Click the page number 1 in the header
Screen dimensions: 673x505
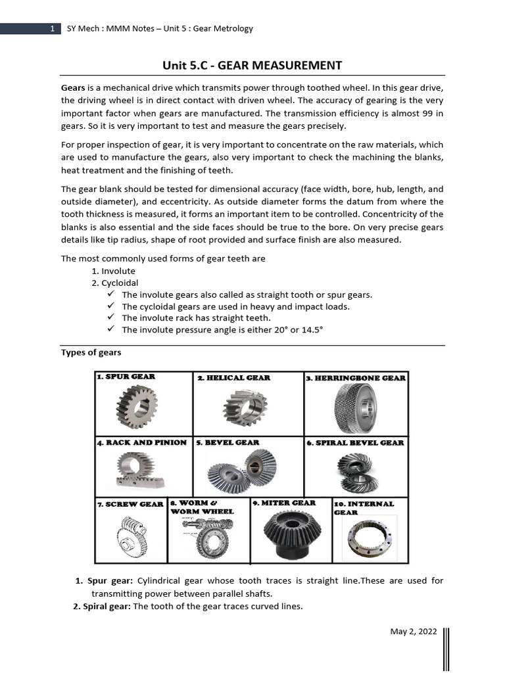[x=51, y=29]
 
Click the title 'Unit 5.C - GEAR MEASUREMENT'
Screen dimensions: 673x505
[x=252, y=65]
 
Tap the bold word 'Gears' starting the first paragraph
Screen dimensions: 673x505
[x=73, y=87]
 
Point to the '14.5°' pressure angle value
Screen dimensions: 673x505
[x=311, y=330]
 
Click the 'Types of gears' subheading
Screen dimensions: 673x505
[x=91, y=352]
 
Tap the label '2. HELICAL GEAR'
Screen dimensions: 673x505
[x=233, y=378]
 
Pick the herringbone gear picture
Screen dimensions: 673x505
[x=356, y=407]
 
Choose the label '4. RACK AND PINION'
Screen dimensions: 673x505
[x=142, y=442]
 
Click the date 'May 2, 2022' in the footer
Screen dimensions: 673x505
[x=413, y=632]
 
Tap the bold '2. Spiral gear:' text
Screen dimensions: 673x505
[x=102, y=606]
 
